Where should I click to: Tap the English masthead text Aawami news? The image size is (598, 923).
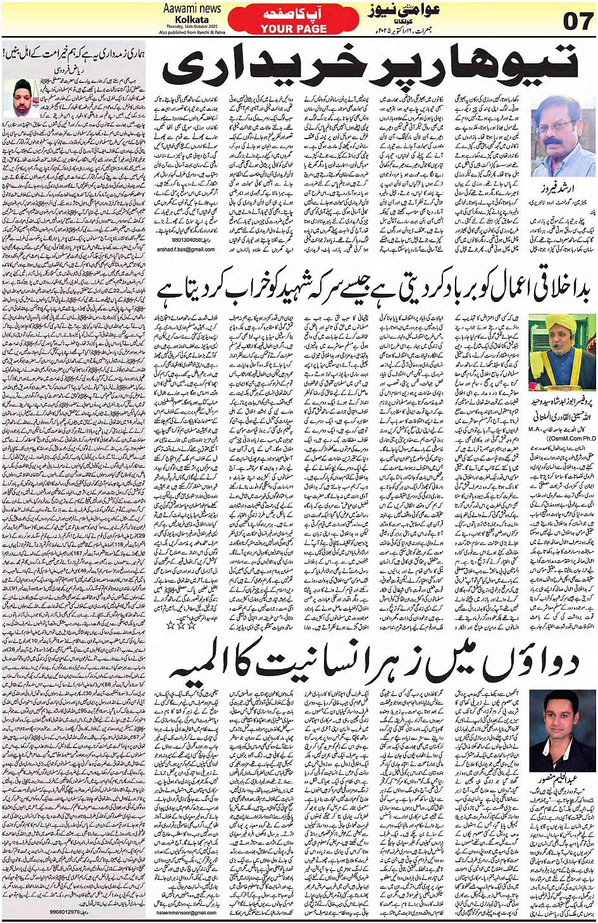pyautogui.click(x=192, y=8)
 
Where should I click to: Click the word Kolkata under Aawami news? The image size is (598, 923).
pyautogui.click(x=192, y=19)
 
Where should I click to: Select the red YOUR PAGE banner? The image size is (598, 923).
pyautogui.click(x=294, y=28)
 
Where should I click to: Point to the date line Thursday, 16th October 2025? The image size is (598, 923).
pyautogui.click(x=192, y=26)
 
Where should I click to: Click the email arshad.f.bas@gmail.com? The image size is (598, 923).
pyautogui.click(x=185, y=249)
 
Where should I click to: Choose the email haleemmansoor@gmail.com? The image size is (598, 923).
pyautogui.click(x=186, y=912)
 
